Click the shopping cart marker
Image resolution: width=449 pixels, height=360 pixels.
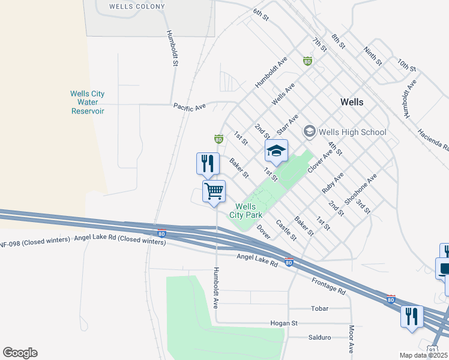click(x=214, y=192)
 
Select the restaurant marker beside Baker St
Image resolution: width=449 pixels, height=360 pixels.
click(x=207, y=163)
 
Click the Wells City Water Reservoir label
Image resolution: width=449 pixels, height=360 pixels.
click(x=88, y=103)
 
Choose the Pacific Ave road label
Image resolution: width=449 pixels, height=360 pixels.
click(x=190, y=106)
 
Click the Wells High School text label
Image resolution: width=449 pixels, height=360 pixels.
click(x=353, y=132)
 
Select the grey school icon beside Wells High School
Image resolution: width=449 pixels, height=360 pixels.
click(x=310, y=131)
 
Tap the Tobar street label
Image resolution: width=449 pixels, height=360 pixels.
click(x=319, y=309)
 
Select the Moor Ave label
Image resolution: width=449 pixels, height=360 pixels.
click(x=351, y=339)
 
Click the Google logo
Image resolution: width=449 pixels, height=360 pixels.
click(x=20, y=353)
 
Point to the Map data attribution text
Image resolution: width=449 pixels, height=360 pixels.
click(x=424, y=355)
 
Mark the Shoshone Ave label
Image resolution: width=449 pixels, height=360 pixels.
click(x=360, y=190)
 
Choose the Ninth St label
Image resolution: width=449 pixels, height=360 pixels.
click(x=373, y=55)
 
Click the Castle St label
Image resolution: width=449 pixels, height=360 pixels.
click(x=286, y=230)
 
